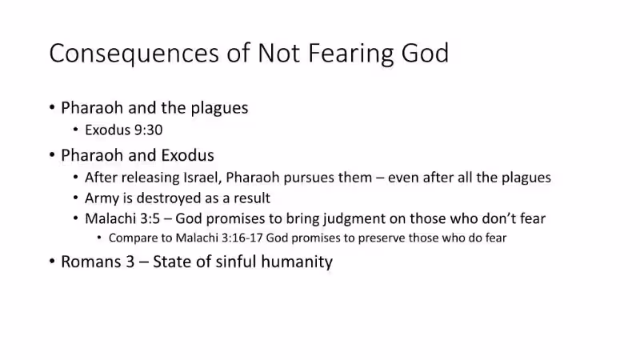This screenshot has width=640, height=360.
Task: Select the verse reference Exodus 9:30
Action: pos(124,130)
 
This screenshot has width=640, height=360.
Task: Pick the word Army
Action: pos(101,198)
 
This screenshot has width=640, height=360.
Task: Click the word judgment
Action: pos(351,218)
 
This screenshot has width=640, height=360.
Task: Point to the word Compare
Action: pos(134,238)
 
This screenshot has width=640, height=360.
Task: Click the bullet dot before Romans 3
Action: pos(52,262)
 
